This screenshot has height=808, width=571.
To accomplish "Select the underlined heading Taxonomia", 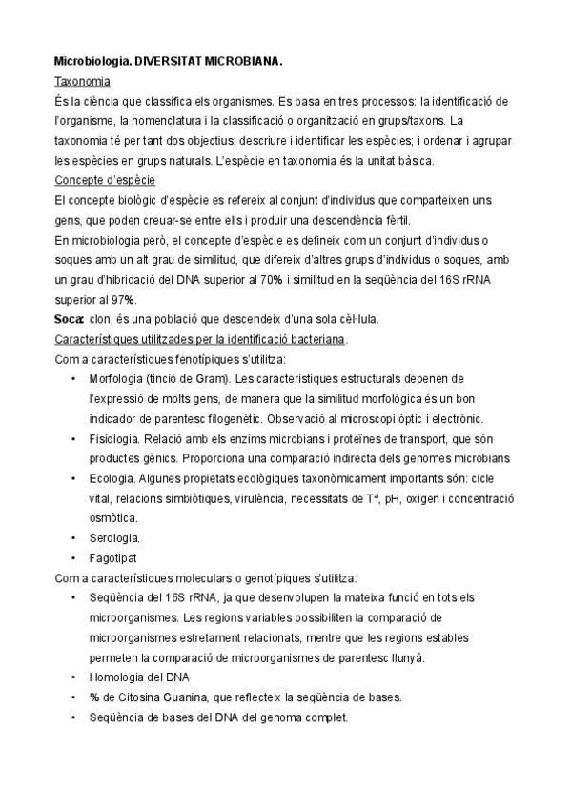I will click(x=82, y=82).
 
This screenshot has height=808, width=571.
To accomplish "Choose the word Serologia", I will click(x=140, y=537).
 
